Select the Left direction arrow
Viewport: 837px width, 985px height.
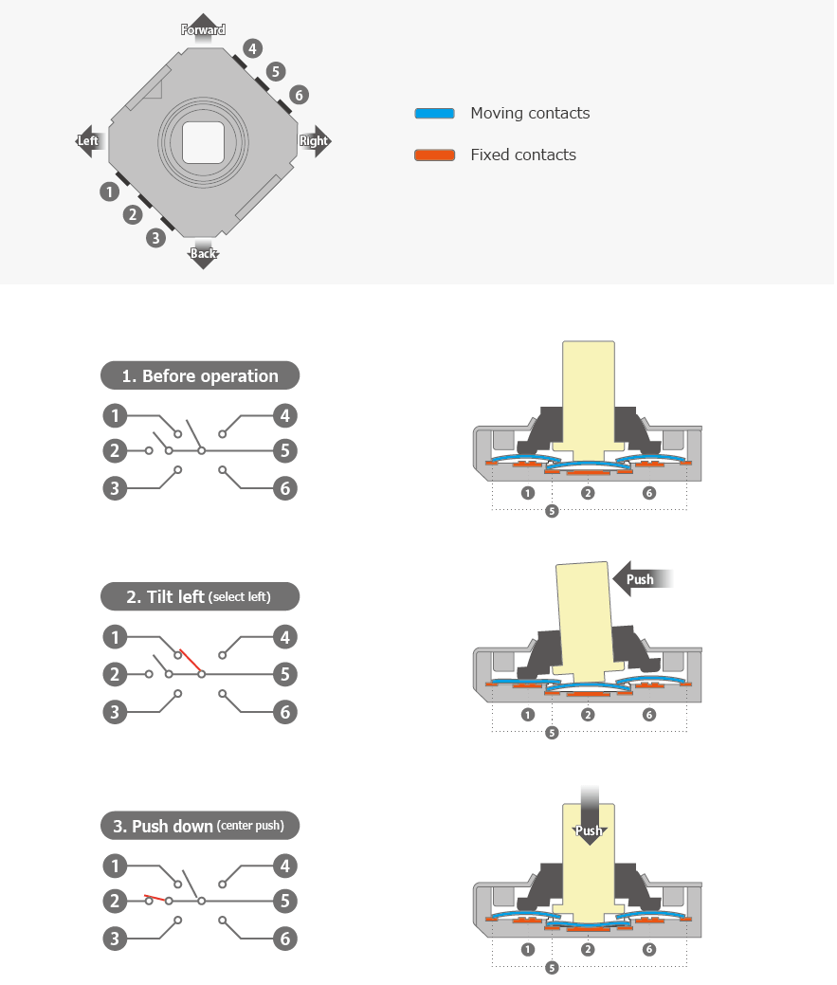point(88,140)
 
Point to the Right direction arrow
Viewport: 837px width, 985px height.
point(315,140)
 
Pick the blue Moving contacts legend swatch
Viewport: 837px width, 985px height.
point(435,114)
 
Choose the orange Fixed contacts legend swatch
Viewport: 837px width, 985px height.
point(435,155)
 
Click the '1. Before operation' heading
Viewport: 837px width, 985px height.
point(200,375)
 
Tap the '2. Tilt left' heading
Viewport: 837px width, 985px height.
point(200,596)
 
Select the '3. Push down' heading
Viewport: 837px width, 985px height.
point(200,826)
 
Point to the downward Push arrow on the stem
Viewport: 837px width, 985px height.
point(589,825)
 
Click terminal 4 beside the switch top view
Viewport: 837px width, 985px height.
point(251,48)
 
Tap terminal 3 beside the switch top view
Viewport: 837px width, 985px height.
point(156,238)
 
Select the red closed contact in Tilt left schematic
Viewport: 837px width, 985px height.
point(190,661)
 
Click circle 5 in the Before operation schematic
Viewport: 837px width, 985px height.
point(284,450)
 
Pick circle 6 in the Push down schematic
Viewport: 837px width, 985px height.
point(284,939)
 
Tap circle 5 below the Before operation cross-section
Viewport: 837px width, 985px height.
point(553,511)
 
